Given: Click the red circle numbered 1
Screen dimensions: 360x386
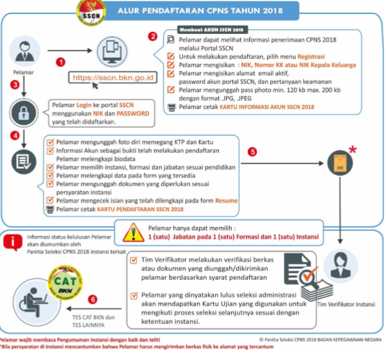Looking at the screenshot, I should click(61, 62).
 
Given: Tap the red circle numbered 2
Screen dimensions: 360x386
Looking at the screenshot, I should click(152, 36).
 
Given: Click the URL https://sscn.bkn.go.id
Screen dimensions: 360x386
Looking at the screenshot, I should click(114, 78).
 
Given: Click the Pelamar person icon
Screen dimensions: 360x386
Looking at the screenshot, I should click(23, 51).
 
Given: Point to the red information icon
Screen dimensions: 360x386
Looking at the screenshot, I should click(11, 242).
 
